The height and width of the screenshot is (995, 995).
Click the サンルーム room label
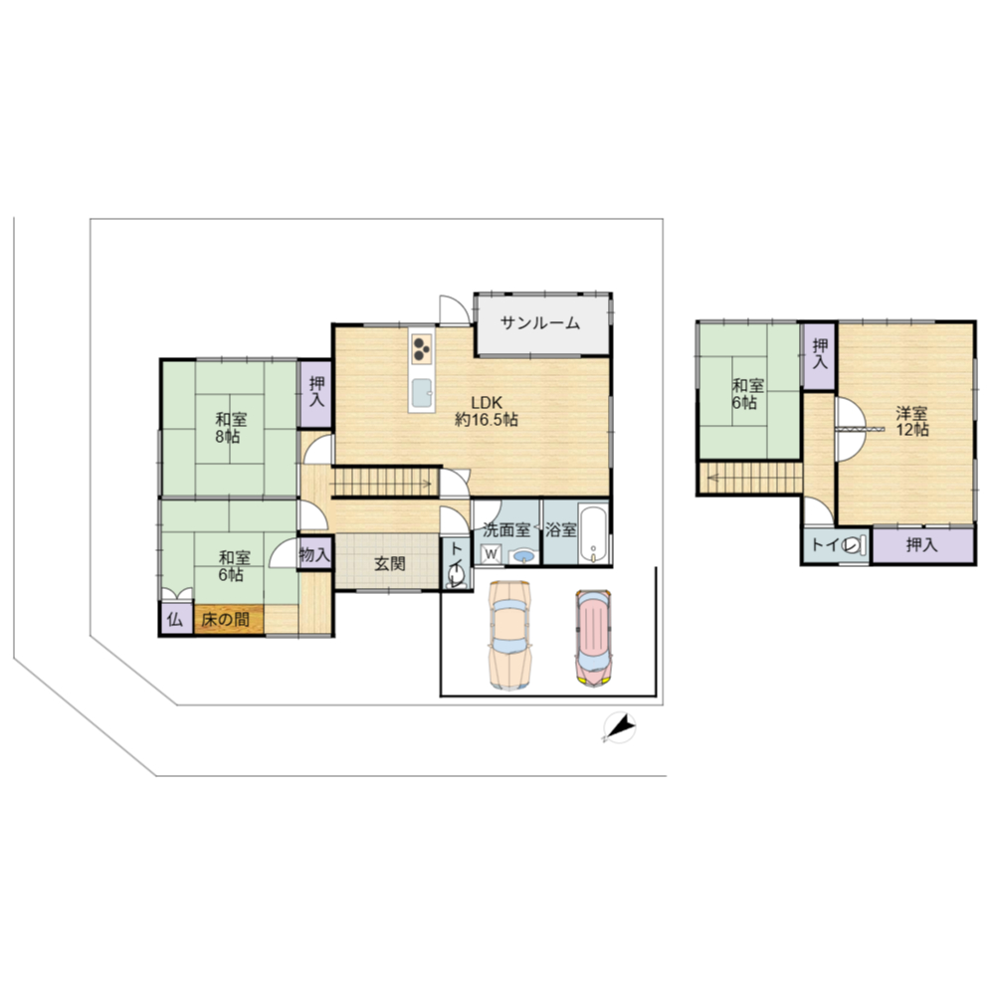[540, 323]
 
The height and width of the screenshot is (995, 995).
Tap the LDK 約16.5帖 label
[487, 411]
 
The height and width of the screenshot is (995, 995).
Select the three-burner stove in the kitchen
[421, 348]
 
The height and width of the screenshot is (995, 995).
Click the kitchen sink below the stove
[422, 394]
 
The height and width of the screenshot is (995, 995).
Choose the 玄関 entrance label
[389, 563]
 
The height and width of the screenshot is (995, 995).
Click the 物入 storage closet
[314, 554]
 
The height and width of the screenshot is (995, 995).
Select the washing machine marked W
[492, 554]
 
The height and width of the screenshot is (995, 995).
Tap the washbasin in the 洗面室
[523, 556]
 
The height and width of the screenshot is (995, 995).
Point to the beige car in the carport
[509, 635]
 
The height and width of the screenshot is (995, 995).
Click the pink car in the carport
[593, 638]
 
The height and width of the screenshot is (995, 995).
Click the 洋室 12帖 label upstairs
[911, 421]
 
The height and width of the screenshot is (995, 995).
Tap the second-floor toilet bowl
[854, 545]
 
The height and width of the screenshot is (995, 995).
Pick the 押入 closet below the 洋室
[923, 545]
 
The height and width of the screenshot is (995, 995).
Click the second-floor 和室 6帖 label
[748, 393]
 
